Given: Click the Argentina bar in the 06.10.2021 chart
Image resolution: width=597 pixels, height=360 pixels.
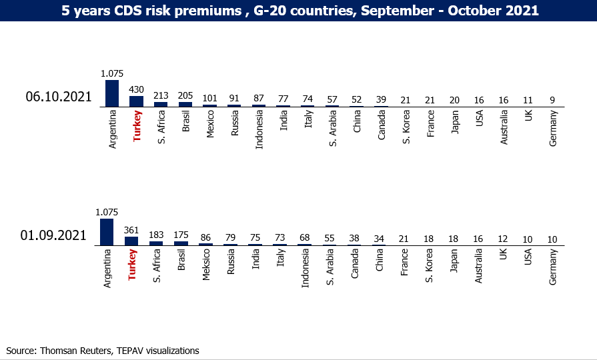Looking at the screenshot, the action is [x=112, y=93].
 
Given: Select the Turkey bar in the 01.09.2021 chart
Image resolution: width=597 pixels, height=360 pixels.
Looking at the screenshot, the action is [x=131, y=241].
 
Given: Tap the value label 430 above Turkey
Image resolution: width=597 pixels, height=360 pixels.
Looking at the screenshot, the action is [x=136, y=89].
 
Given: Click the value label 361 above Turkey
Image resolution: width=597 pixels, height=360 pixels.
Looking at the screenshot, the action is [x=131, y=230].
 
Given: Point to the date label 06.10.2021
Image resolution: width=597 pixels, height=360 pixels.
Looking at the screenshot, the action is [x=59, y=97].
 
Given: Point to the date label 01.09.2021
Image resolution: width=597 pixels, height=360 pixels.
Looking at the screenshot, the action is [x=53, y=235].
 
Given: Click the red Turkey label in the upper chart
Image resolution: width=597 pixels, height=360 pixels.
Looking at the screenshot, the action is [x=137, y=126].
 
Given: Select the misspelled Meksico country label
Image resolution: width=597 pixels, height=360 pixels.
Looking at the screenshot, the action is [x=206, y=265].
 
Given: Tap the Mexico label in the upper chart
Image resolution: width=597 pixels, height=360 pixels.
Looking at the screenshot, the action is [x=210, y=124].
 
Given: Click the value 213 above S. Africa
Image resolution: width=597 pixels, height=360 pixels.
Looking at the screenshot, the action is [x=161, y=95].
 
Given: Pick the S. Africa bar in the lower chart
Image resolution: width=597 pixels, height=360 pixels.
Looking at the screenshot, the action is [x=156, y=243].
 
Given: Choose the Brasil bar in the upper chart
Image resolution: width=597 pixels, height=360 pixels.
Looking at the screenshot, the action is [x=185, y=104].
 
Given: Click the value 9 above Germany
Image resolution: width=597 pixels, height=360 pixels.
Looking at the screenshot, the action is [x=552, y=100].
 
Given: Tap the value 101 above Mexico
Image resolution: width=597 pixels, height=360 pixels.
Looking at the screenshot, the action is [x=210, y=98].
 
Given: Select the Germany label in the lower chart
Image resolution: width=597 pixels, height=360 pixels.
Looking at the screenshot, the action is [x=553, y=267].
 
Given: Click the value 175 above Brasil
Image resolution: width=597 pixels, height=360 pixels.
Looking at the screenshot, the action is [x=181, y=235].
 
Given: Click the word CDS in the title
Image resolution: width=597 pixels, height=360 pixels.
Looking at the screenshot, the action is [x=127, y=10].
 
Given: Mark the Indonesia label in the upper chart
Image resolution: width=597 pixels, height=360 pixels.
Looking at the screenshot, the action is [x=259, y=129].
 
